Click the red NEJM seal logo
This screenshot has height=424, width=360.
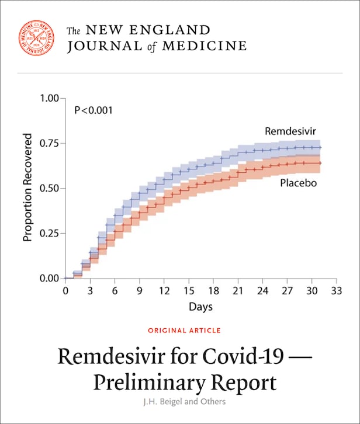(x=36, y=38)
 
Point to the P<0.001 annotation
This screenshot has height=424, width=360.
(x=94, y=110)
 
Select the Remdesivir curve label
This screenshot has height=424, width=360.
(x=290, y=131)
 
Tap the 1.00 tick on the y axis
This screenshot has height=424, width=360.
(x=49, y=98)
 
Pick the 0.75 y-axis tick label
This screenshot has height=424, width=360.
(x=49, y=143)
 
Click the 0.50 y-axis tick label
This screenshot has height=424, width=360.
(x=49, y=188)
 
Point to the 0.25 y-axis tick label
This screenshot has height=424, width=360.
(x=49, y=233)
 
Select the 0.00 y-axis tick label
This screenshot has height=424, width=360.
(x=49, y=278)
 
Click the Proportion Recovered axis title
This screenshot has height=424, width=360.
(x=27, y=187)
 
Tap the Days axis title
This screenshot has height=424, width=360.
(x=200, y=307)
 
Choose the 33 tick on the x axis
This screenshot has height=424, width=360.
(x=336, y=290)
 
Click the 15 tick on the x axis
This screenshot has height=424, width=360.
(x=188, y=290)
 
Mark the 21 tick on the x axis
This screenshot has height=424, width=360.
(x=238, y=290)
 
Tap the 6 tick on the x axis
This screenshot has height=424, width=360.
(x=115, y=290)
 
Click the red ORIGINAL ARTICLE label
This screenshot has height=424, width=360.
(x=184, y=331)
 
